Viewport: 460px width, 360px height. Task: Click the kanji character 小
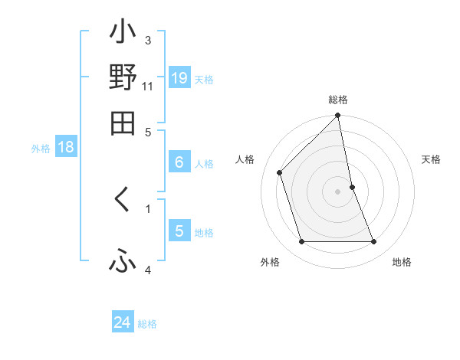tap(123, 35)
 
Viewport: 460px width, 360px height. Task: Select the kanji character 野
tap(123, 78)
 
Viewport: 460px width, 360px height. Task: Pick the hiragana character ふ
tap(123, 262)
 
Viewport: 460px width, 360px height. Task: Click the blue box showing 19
tap(179, 77)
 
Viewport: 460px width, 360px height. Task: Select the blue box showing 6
tap(179, 162)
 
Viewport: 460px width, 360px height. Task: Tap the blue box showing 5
tap(179, 231)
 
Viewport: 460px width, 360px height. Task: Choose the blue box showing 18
tap(66, 148)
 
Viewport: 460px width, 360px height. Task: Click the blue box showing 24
tap(123, 322)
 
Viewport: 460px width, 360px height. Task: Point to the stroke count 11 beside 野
tap(148, 87)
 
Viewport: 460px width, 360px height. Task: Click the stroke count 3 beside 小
tap(148, 40)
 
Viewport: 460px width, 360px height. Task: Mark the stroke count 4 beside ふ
tap(148, 270)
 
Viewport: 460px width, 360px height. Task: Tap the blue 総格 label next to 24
tap(147, 324)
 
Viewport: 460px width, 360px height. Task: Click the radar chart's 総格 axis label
tap(338, 100)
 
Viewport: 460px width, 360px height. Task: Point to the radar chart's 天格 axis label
tap(432, 159)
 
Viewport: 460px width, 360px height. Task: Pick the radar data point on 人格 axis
tap(280, 172)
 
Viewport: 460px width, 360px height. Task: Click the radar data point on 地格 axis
tap(374, 242)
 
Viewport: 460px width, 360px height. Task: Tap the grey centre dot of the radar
tap(338, 191)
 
